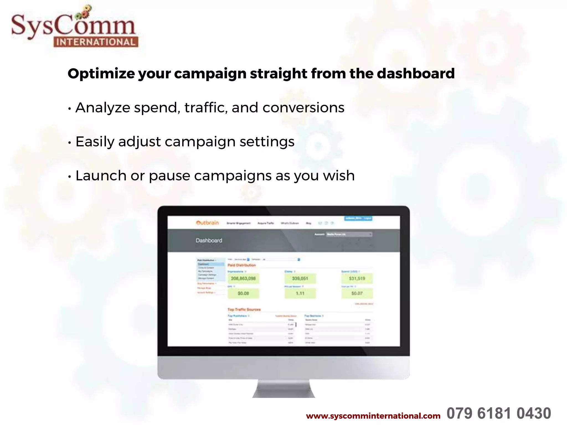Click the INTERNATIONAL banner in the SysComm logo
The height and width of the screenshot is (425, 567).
pyautogui.click(x=96, y=42)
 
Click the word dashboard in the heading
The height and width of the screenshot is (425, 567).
pyautogui.click(x=416, y=73)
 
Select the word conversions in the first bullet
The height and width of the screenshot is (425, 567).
pyautogui.click(x=303, y=108)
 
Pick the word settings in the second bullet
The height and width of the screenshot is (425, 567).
pyautogui.click(x=267, y=142)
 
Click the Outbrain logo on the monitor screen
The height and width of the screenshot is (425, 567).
pyautogui.click(x=207, y=223)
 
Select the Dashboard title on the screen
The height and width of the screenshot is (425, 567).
pyautogui.click(x=209, y=240)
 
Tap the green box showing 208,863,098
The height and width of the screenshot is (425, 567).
pyautogui.click(x=243, y=278)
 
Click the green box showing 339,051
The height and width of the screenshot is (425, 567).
pyautogui.click(x=300, y=278)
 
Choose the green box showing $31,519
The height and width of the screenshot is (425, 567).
pyautogui.click(x=357, y=278)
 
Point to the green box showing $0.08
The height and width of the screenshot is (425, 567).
pyautogui.click(x=243, y=293)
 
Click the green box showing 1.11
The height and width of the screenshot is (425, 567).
pyautogui.click(x=300, y=293)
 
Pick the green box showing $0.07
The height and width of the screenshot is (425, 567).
pyautogui.click(x=357, y=293)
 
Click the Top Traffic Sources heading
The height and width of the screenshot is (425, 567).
pyautogui.click(x=244, y=310)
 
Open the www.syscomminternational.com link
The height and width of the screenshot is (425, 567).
pyautogui.click(x=373, y=416)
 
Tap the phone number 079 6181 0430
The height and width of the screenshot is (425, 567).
pyautogui.click(x=499, y=414)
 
